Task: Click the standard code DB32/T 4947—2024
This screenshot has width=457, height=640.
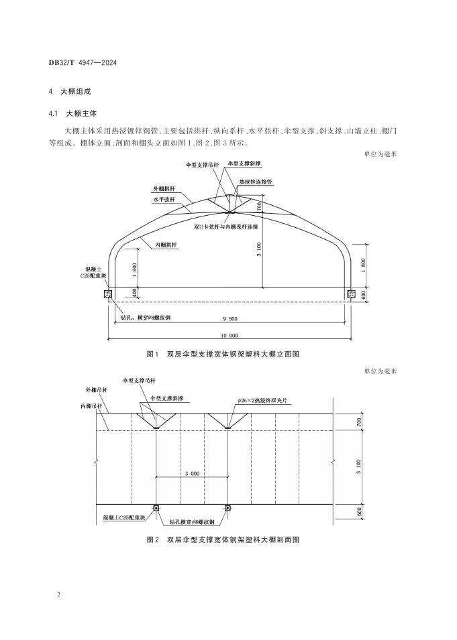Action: pos(83,63)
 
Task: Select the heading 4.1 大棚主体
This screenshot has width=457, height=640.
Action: pos(72,113)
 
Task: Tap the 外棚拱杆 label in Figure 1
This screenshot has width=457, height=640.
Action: pos(164,189)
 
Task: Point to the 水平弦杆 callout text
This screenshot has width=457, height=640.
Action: pos(164,200)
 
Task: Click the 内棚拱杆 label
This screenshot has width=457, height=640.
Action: pos(166,245)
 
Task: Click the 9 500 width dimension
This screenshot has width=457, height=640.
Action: pos(230,319)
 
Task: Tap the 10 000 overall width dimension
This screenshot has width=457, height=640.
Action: pos(230,336)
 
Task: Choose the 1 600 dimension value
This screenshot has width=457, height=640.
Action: pos(135,270)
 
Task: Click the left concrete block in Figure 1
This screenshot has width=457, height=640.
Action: pos(108,294)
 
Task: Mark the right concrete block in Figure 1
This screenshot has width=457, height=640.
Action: pos(351,294)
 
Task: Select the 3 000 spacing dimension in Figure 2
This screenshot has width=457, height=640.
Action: pos(192,474)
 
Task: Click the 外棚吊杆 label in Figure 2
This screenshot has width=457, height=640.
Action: pos(97,390)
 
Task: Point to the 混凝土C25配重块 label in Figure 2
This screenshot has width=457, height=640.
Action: pos(124,517)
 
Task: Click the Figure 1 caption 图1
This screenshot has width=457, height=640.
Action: pos(152,354)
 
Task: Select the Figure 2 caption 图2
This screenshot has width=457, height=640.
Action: pos(152,539)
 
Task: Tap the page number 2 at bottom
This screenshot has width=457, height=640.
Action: pos(58,594)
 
